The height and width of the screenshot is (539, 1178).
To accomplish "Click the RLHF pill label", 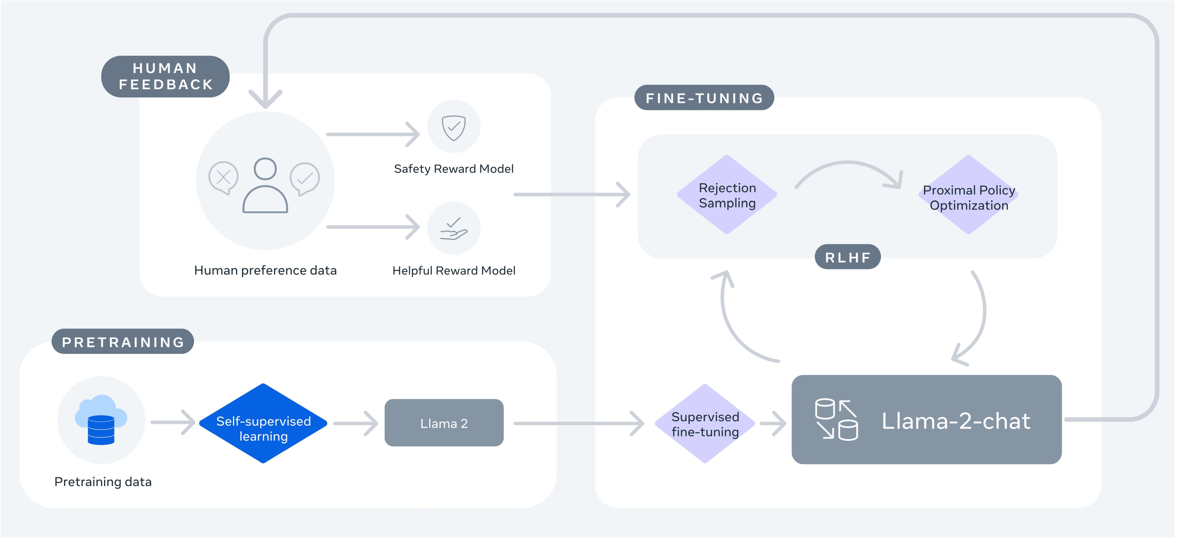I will pos(847,257).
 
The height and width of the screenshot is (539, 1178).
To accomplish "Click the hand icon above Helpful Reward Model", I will pos(454,228).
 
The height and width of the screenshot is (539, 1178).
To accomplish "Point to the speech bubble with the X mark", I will pos(223,177).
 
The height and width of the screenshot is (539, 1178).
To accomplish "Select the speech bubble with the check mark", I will pos(305,178).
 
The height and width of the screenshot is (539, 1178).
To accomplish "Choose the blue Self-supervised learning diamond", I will pos(263,423).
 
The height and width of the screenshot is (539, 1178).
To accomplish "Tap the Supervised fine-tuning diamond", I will pos(705,424).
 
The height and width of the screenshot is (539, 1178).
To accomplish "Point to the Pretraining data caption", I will pos(103,482).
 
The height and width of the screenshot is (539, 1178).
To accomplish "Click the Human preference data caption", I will pos(265,270).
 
